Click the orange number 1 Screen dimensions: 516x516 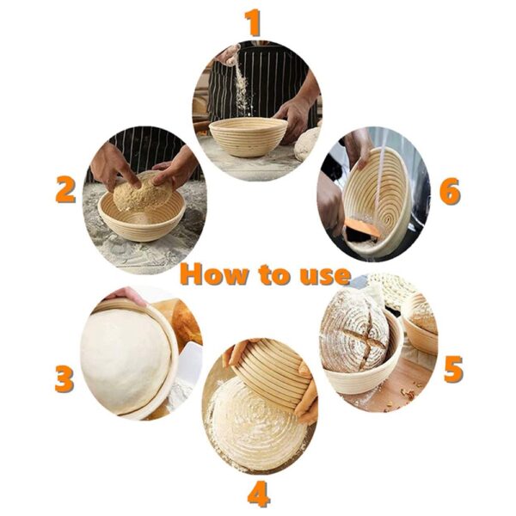click(252, 23)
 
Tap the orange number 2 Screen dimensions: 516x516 click(65, 188)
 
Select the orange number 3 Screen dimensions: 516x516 click(64, 378)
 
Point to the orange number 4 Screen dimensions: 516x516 click(259, 494)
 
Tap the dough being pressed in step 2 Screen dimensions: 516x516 click(142, 194)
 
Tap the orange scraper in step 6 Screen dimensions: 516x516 click(361, 229)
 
